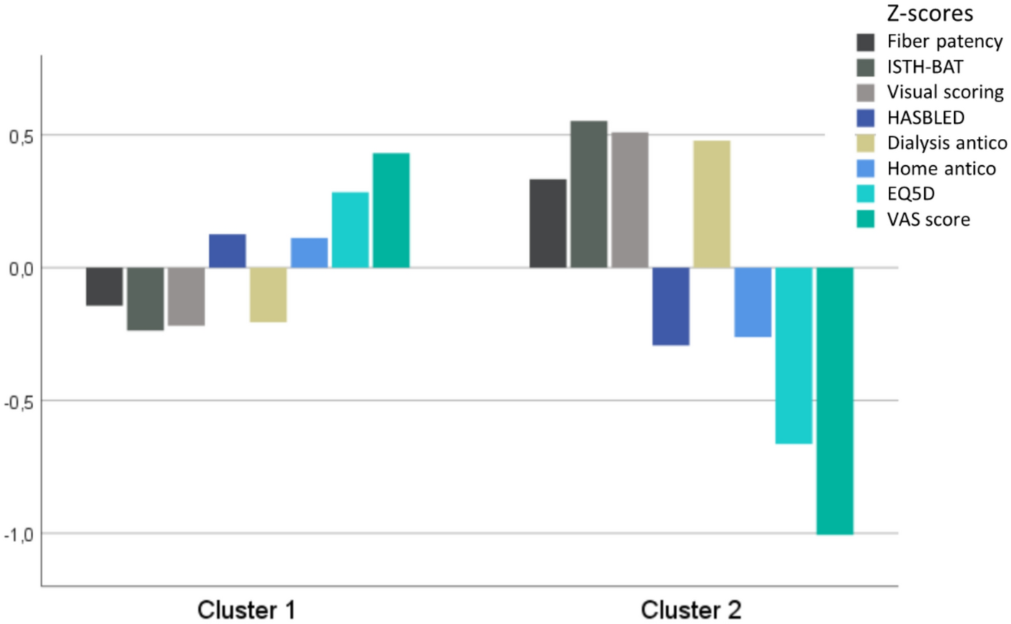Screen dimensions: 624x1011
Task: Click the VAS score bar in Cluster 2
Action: pyautogui.click(x=835, y=401)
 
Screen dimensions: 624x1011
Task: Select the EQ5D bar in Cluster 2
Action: pyautogui.click(x=793, y=356)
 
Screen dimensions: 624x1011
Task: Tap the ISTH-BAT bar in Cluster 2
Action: pyautogui.click(x=588, y=194)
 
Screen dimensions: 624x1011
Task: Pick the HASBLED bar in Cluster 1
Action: pyautogui.click(x=227, y=251)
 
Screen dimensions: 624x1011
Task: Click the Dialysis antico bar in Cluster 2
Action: pyautogui.click(x=711, y=204)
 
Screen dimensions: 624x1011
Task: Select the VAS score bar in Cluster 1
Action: pyautogui.click(x=391, y=211)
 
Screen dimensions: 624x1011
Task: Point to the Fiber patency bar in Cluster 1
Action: pyautogui.click(x=104, y=286)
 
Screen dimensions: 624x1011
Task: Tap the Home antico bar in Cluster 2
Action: pyautogui.click(x=753, y=302)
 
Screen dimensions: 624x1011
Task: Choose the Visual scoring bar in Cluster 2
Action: pyautogui.click(x=630, y=200)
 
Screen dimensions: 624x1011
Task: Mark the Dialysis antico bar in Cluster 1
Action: pyautogui.click(x=268, y=295)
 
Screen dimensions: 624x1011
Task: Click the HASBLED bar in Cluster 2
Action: pyautogui.click(x=670, y=306)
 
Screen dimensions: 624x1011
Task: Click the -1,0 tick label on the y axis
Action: pyautogui.click(x=19, y=535)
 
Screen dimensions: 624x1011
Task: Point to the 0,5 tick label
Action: pyautogui.click(x=21, y=136)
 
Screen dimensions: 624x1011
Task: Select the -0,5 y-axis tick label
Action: pyautogui.click(x=19, y=402)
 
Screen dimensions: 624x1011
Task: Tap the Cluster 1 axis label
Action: pyautogui.click(x=246, y=610)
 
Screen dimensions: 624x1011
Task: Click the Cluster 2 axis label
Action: pyautogui.click(x=690, y=610)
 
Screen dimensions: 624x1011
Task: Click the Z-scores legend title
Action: pyautogui.click(x=929, y=14)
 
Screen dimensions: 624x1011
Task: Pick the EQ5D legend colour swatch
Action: pyautogui.click(x=865, y=193)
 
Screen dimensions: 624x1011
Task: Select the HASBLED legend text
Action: pyautogui.click(x=925, y=118)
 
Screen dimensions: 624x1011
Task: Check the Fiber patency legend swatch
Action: pyautogui.click(x=865, y=41)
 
